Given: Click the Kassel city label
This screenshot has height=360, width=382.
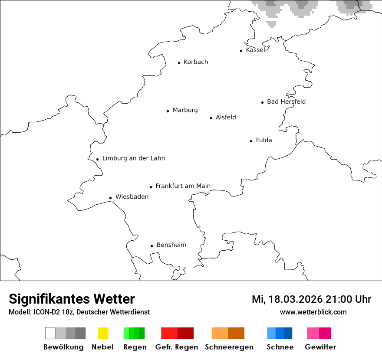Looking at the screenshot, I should click(255, 50).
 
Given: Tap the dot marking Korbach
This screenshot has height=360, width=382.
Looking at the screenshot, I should click(179, 63).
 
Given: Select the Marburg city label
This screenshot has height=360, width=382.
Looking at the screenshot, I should click(185, 110).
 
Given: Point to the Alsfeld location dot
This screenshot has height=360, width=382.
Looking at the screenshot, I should click(211, 118).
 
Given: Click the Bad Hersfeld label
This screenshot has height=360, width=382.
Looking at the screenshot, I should click(286, 101).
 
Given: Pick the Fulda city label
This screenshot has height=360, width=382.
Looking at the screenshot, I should click(264, 140).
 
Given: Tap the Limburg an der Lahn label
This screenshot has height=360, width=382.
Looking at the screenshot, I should click(134, 158).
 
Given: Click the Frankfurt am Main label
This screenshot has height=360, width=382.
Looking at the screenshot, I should click(183, 186).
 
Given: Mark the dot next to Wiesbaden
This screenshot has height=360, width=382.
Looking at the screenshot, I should click(111, 198).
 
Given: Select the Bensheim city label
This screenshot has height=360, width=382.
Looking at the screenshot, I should click(171, 245).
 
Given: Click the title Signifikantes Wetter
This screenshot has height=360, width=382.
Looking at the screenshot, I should click(72, 299).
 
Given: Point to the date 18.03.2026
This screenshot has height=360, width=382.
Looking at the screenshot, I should click(295, 299).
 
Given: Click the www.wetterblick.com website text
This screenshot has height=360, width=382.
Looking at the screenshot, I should click(313, 312).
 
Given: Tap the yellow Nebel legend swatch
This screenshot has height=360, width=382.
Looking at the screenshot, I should click(103, 333).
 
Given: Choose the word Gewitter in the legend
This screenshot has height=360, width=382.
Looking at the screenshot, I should click(320, 347).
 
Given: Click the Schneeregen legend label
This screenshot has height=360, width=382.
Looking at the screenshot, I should click(229, 347).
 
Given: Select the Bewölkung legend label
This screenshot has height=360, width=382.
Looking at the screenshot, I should click(63, 347).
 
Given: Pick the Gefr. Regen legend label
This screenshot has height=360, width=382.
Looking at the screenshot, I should click(177, 347).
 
